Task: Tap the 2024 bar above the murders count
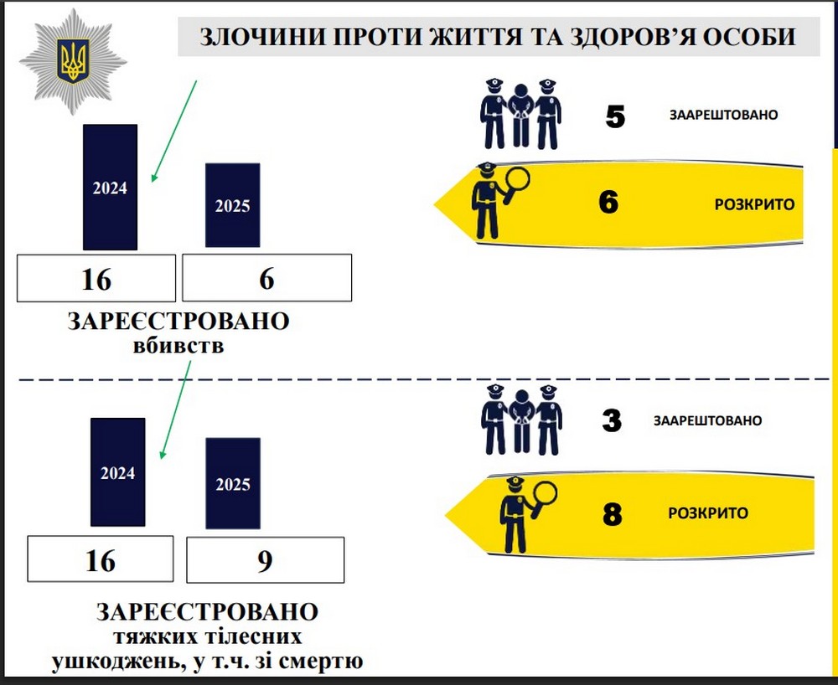(110, 187)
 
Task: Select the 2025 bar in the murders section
(232, 205)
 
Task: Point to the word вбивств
(178, 344)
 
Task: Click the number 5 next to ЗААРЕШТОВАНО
(614, 116)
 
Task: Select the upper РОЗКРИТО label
(754, 203)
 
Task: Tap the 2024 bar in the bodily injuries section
(117, 472)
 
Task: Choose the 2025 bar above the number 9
(232, 483)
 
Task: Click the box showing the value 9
(265, 560)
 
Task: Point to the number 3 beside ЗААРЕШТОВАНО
(612, 420)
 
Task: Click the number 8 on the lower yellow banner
(613, 513)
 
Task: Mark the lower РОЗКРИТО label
(708, 513)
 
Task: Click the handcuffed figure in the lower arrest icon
(521, 420)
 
